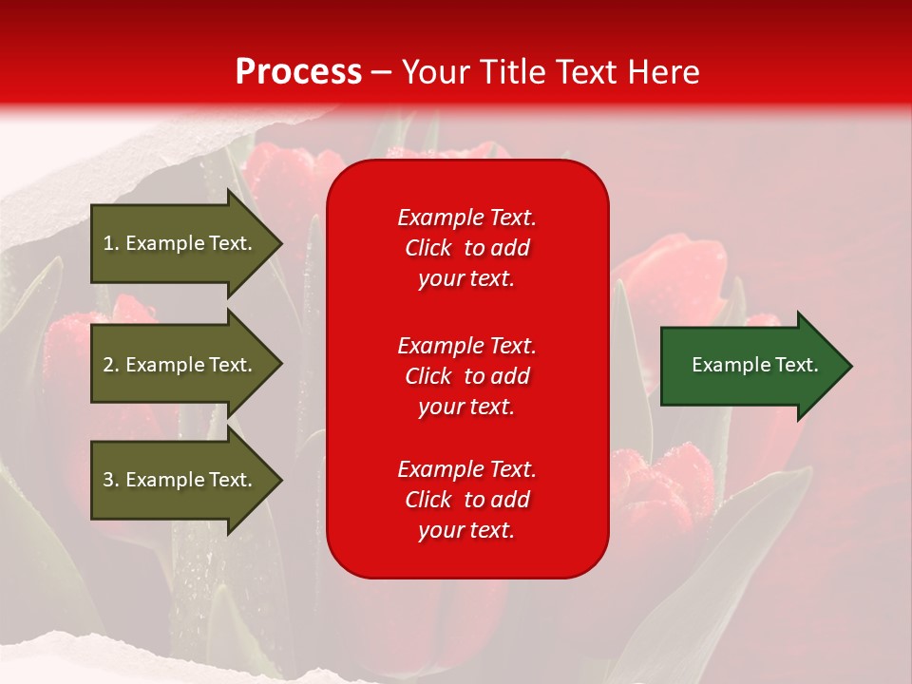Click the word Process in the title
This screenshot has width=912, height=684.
(x=298, y=71)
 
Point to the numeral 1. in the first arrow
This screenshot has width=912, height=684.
(x=111, y=243)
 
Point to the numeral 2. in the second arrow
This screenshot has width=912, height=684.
(x=111, y=365)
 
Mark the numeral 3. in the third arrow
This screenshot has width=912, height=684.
(x=111, y=480)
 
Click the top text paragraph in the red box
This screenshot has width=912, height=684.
(x=466, y=248)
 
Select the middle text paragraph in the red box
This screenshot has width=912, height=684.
(x=466, y=376)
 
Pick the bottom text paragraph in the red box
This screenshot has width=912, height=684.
(x=466, y=500)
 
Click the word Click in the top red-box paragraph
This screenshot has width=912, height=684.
(x=427, y=248)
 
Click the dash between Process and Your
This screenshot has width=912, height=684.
(x=381, y=72)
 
